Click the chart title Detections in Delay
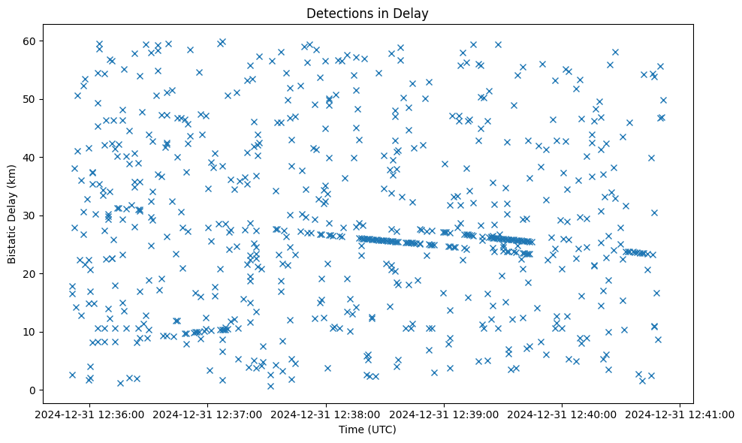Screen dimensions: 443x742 click(368, 13)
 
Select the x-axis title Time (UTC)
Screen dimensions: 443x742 click(368, 429)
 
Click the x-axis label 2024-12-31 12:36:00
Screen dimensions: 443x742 click(91, 414)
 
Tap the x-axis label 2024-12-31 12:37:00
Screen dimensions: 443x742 click(209, 414)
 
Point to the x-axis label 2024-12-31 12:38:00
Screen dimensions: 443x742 click(327, 414)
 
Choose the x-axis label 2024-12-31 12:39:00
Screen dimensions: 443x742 click(445, 414)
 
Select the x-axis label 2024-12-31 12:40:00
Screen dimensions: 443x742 click(563, 414)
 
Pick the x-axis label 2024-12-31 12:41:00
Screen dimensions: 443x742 click(680, 414)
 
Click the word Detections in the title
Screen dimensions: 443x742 click(337, 13)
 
